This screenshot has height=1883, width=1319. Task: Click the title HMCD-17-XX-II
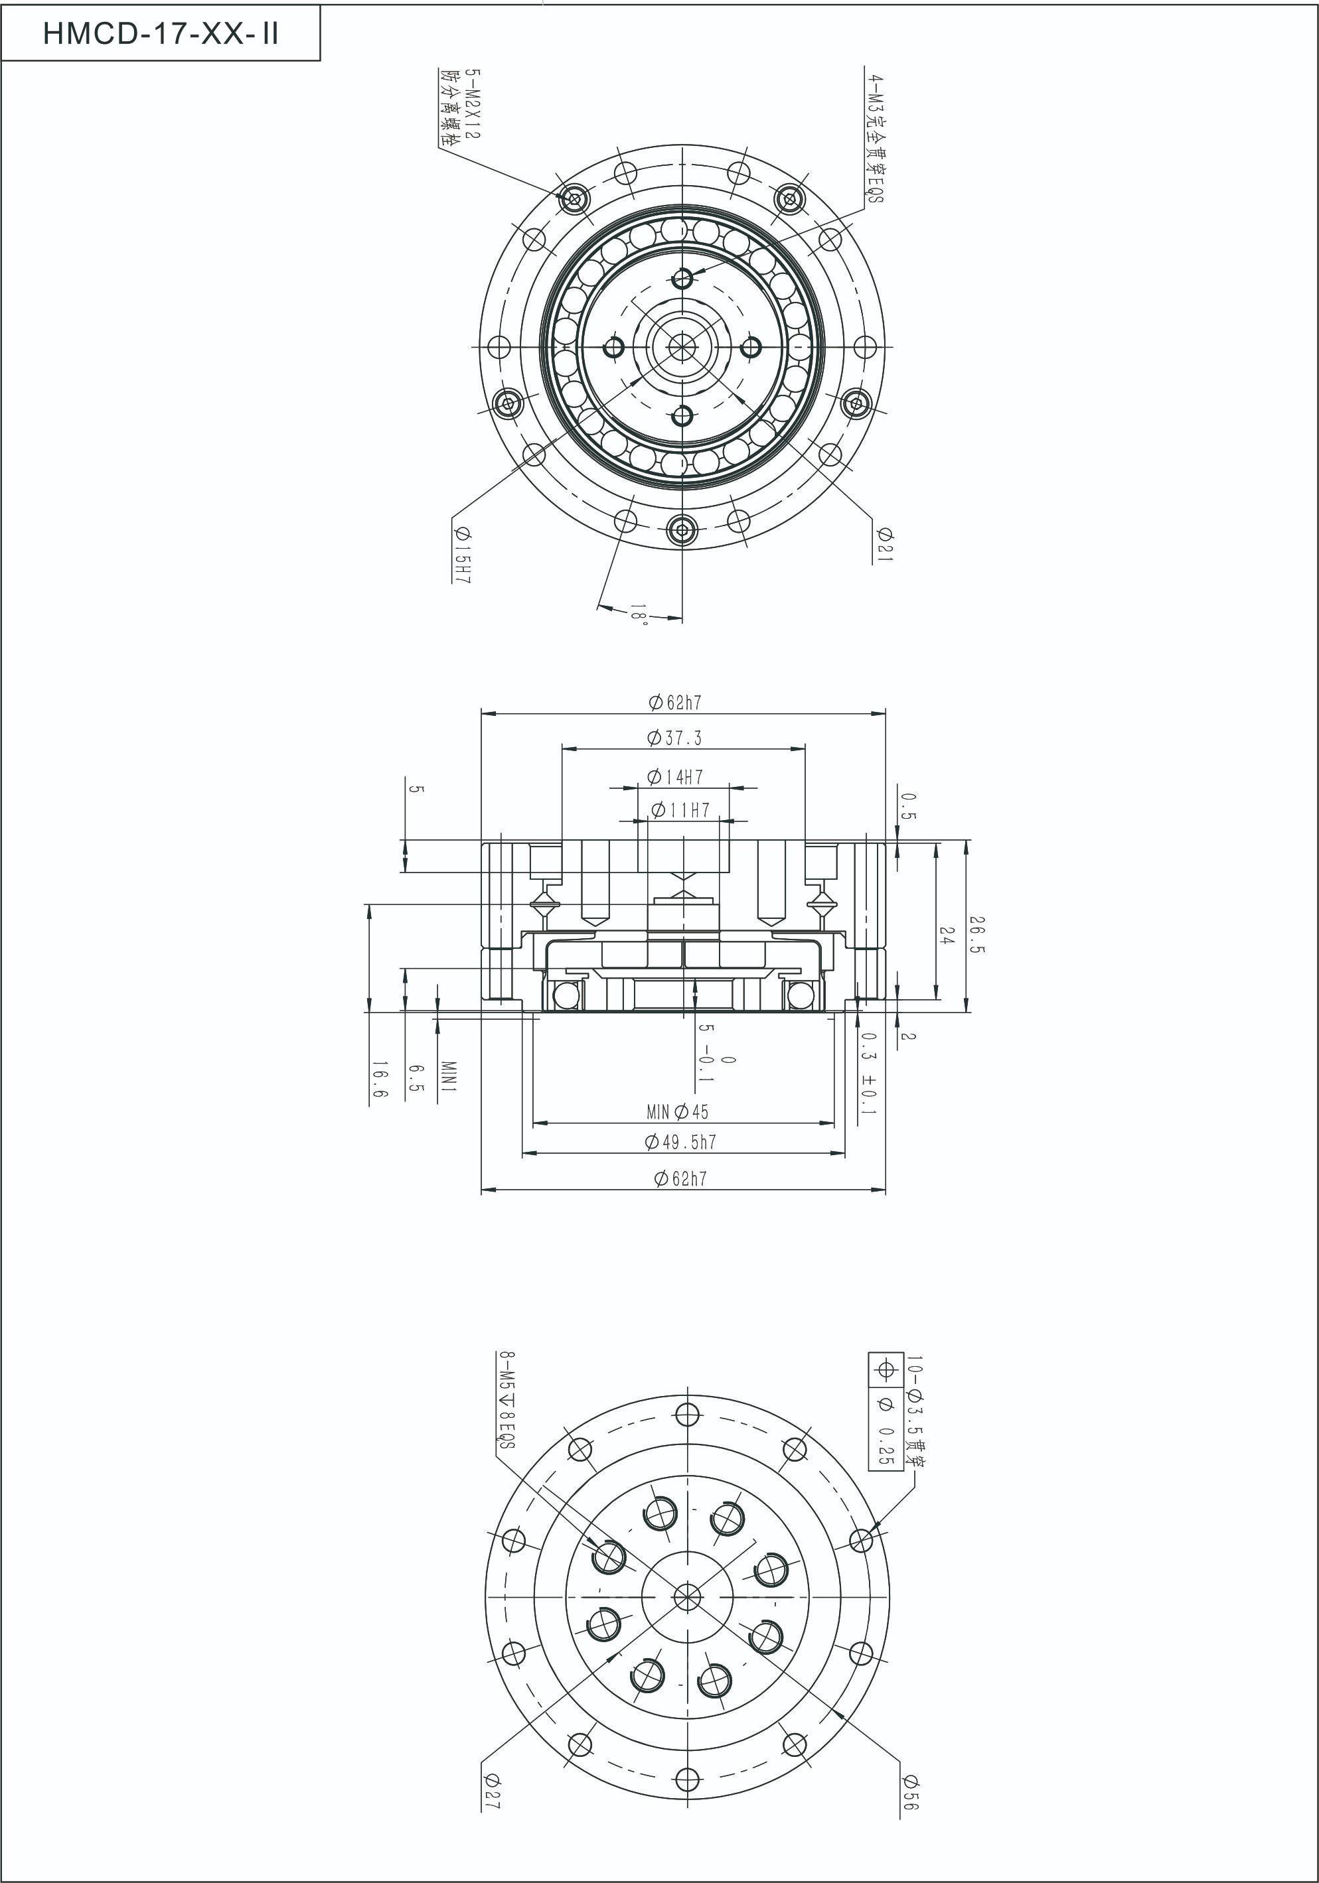coord(161,35)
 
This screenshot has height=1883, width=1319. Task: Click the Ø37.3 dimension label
coord(674,738)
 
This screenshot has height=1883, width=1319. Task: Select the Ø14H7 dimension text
coord(675,776)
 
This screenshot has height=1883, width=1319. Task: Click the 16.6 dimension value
coord(379,1081)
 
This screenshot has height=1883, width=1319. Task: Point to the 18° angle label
coord(639,615)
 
